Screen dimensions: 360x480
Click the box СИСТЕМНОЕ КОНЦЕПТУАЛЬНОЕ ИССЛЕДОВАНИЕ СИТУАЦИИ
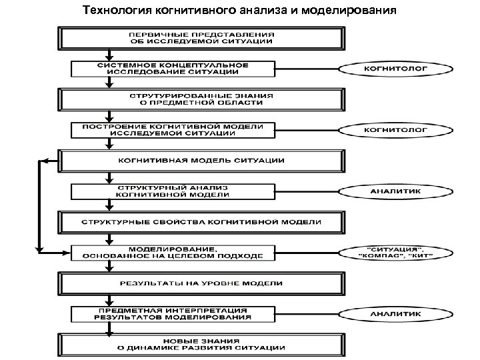pos(173,68)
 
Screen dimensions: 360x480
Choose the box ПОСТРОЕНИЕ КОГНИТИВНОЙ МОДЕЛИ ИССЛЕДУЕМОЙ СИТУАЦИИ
pos(173,129)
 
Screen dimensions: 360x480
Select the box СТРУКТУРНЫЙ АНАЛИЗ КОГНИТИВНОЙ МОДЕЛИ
pos(173,191)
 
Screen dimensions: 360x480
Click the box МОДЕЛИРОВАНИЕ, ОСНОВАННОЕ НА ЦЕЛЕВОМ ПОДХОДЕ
pos(173,252)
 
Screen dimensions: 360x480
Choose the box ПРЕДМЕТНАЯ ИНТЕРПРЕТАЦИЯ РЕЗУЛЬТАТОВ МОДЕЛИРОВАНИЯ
pos(173,314)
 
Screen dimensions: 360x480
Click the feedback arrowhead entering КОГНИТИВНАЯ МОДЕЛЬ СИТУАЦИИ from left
pos(44,160)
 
